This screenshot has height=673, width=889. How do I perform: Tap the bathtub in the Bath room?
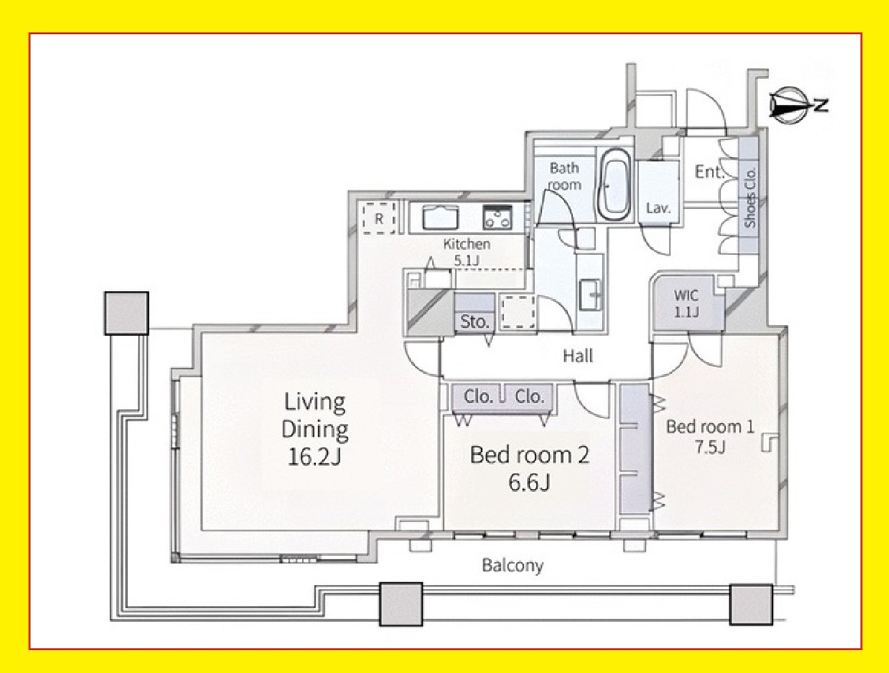point(615,184)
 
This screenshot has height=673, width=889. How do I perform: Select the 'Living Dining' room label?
point(315,415)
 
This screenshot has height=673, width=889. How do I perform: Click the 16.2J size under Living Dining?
point(315,457)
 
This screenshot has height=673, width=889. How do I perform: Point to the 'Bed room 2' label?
point(529,455)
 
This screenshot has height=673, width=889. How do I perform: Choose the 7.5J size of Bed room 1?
point(710,447)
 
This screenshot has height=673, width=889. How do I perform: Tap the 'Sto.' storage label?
point(474,322)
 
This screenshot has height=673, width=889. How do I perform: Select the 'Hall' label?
point(578,356)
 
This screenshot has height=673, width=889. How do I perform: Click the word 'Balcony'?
point(513,565)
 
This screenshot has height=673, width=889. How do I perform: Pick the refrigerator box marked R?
point(379,219)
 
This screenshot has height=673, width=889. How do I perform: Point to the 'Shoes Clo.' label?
point(750,198)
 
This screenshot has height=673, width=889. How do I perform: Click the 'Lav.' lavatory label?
point(658,208)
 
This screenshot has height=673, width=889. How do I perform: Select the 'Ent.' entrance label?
point(709,172)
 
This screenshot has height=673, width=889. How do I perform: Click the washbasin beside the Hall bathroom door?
point(590,294)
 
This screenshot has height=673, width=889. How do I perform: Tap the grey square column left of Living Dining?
point(127,313)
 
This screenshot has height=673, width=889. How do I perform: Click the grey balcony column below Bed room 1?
point(751,604)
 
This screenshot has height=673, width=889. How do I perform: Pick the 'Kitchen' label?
point(467,244)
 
